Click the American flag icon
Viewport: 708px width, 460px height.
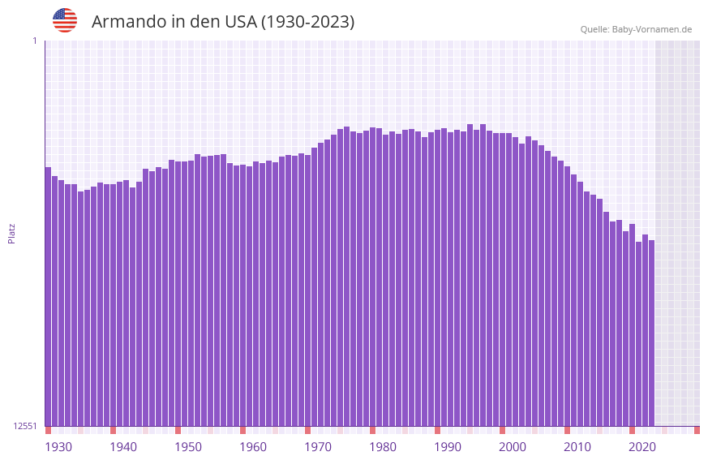[65, 20]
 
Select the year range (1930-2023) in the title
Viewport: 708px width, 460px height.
[307, 22]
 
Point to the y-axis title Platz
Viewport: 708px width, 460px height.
[11, 233]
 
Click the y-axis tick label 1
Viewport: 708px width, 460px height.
[34, 41]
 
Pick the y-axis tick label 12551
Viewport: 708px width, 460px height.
[25, 426]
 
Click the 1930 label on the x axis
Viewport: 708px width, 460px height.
[58, 447]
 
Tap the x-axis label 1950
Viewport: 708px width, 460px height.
[188, 447]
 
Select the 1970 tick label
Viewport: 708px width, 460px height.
[318, 447]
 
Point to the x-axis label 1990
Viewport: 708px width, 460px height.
[448, 447]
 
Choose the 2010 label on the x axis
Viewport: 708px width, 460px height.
[577, 447]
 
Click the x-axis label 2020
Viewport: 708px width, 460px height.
[642, 447]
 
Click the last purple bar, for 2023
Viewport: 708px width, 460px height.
[651, 333]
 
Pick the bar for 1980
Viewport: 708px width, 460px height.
[372, 276]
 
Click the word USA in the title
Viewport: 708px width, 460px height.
[238, 22]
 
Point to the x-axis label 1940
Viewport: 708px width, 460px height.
[123, 447]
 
